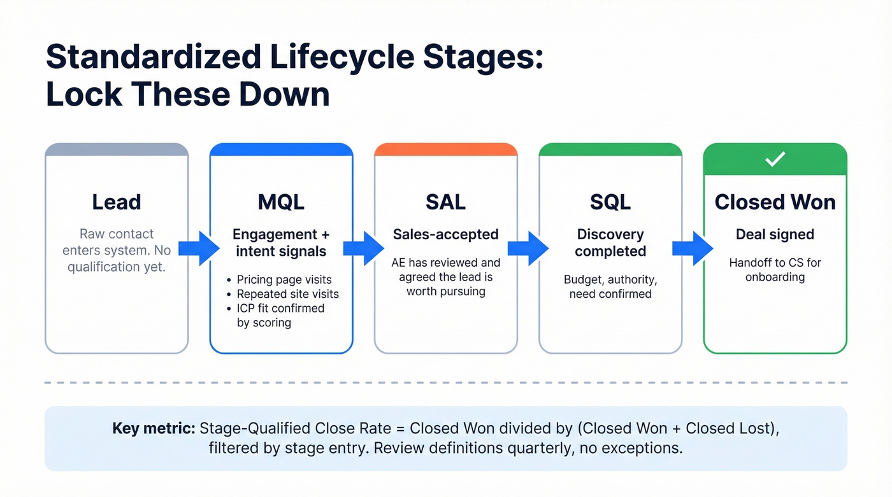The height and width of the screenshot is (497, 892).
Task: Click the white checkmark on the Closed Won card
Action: click(x=775, y=160)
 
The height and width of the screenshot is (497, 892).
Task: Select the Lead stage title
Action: click(x=116, y=202)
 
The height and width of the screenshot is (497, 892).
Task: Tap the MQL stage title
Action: click(x=281, y=202)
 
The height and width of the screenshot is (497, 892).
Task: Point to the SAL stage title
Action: click(x=445, y=202)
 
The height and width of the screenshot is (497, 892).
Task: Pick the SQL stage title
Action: click(x=610, y=202)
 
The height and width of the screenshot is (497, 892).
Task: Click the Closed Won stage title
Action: click(x=775, y=202)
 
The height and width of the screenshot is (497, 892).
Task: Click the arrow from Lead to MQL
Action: click(x=199, y=248)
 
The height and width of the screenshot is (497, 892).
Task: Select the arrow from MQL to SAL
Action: click(x=364, y=248)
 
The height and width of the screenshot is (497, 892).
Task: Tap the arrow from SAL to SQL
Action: click(x=528, y=248)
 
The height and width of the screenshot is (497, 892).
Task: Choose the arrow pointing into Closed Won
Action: click(x=693, y=248)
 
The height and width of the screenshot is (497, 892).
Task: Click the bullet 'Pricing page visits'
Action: click(x=284, y=279)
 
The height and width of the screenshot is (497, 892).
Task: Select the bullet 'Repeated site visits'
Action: click(x=287, y=294)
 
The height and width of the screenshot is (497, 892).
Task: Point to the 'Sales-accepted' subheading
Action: click(x=445, y=234)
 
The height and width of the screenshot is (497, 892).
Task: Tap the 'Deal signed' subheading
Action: click(x=775, y=234)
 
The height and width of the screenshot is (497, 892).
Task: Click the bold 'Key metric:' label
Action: click(x=154, y=428)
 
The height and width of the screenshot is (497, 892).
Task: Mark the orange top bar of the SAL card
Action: click(x=445, y=150)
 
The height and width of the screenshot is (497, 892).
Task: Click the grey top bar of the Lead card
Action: click(x=116, y=150)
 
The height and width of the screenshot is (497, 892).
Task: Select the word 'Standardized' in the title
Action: click(x=153, y=57)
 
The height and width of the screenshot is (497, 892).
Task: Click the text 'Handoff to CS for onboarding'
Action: click(x=775, y=270)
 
